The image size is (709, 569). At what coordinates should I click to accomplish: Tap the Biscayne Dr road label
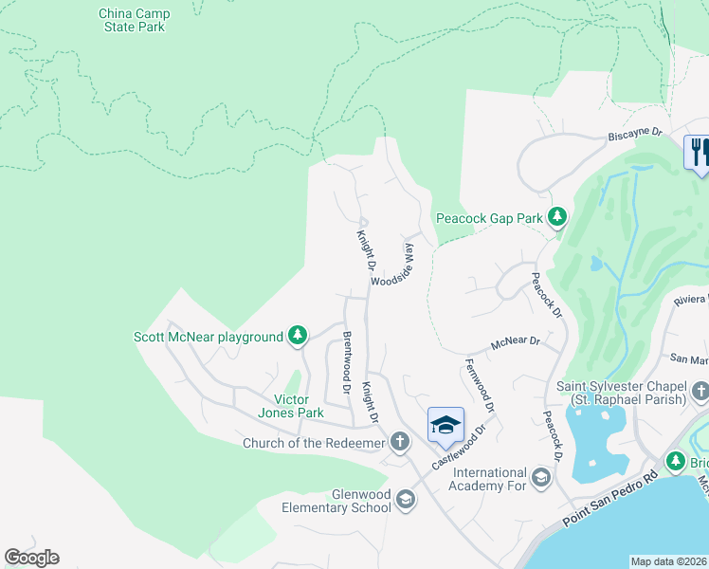pyautogui.click(x=633, y=136)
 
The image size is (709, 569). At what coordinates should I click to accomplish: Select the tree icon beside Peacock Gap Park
pyautogui.click(x=557, y=218)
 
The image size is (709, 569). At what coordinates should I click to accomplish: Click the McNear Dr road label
pyautogui.click(x=515, y=341)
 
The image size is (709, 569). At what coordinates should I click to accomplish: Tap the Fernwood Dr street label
pyautogui.click(x=481, y=385)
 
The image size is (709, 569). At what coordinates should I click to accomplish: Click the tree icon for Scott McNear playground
pyautogui.click(x=298, y=336)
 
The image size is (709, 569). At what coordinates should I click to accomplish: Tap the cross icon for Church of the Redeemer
pyautogui.click(x=401, y=443)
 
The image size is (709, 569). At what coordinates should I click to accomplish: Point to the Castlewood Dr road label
pyautogui.click(x=458, y=448)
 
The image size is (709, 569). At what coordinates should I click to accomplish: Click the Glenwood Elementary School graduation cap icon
pyautogui.click(x=406, y=500)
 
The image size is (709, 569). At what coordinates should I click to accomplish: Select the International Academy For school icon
pyautogui.click(x=541, y=476)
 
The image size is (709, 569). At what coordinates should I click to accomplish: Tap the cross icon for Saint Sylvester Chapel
pyautogui.click(x=700, y=391)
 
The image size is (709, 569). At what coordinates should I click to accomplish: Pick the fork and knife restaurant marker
pyautogui.click(x=699, y=152)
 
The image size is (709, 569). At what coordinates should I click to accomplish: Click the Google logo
pyautogui.click(x=31, y=558)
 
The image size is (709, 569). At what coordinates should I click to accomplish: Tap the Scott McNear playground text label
pyautogui.click(x=209, y=337)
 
